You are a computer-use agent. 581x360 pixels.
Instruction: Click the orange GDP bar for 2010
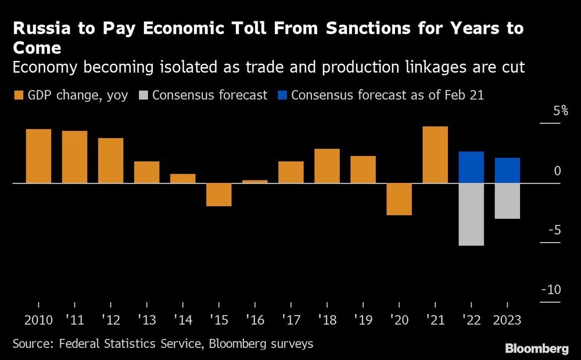click(x=38, y=156)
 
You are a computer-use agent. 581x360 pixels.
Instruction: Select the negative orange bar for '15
click(x=218, y=195)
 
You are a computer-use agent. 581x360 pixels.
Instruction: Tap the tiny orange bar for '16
click(x=254, y=181)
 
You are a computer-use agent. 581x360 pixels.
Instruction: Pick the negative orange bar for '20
click(x=399, y=199)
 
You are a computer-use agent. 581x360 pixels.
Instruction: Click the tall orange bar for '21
click(x=435, y=154)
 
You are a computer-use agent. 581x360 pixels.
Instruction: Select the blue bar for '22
click(x=471, y=167)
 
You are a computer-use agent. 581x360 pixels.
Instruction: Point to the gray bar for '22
click(x=471, y=214)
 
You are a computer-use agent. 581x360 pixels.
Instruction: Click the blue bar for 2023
click(x=507, y=170)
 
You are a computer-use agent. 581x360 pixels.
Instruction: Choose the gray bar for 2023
click(x=507, y=201)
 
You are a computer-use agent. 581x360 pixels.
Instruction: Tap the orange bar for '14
click(x=182, y=178)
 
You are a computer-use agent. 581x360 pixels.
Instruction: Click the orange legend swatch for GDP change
click(x=17, y=95)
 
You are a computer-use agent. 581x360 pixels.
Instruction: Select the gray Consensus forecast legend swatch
click(x=144, y=95)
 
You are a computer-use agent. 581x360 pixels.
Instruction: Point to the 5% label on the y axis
click(x=560, y=111)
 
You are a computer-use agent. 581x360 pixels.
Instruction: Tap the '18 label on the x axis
click(x=327, y=320)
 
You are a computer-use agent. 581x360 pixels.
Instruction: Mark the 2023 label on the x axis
click(x=507, y=320)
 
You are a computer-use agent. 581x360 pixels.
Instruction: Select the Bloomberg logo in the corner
click(x=536, y=348)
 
